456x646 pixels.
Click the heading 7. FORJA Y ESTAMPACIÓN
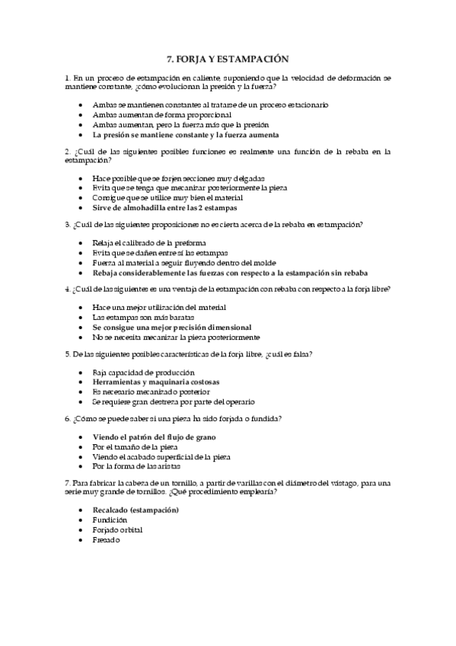click(228, 58)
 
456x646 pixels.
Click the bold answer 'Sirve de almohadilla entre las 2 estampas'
click(164, 207)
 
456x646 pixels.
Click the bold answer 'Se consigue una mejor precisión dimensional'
click(171, 326)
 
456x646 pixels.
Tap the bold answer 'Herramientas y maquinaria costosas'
click(155, 381)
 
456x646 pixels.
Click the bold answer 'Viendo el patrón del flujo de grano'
click(154, 437)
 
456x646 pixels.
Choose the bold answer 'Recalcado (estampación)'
click(136, 510)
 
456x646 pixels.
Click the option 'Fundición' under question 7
click(110, 520)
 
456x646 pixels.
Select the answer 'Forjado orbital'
click(117, 529)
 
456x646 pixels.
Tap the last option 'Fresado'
click(107, 539)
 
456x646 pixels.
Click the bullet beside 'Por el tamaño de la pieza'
click(81, 446)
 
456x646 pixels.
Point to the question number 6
click(68, 419)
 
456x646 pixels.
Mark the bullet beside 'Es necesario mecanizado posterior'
click(81, 392)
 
